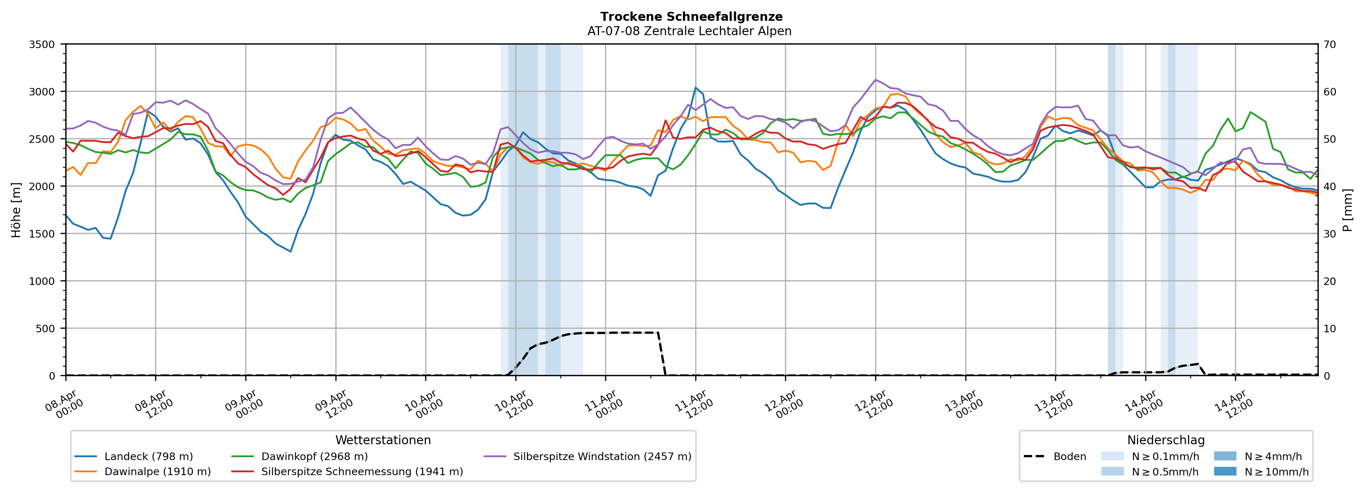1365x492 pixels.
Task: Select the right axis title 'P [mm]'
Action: [x=1347, y=210]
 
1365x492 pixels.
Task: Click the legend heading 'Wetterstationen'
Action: [x=383, y=440]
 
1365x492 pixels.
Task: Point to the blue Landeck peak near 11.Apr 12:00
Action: [x=696, y=88]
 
